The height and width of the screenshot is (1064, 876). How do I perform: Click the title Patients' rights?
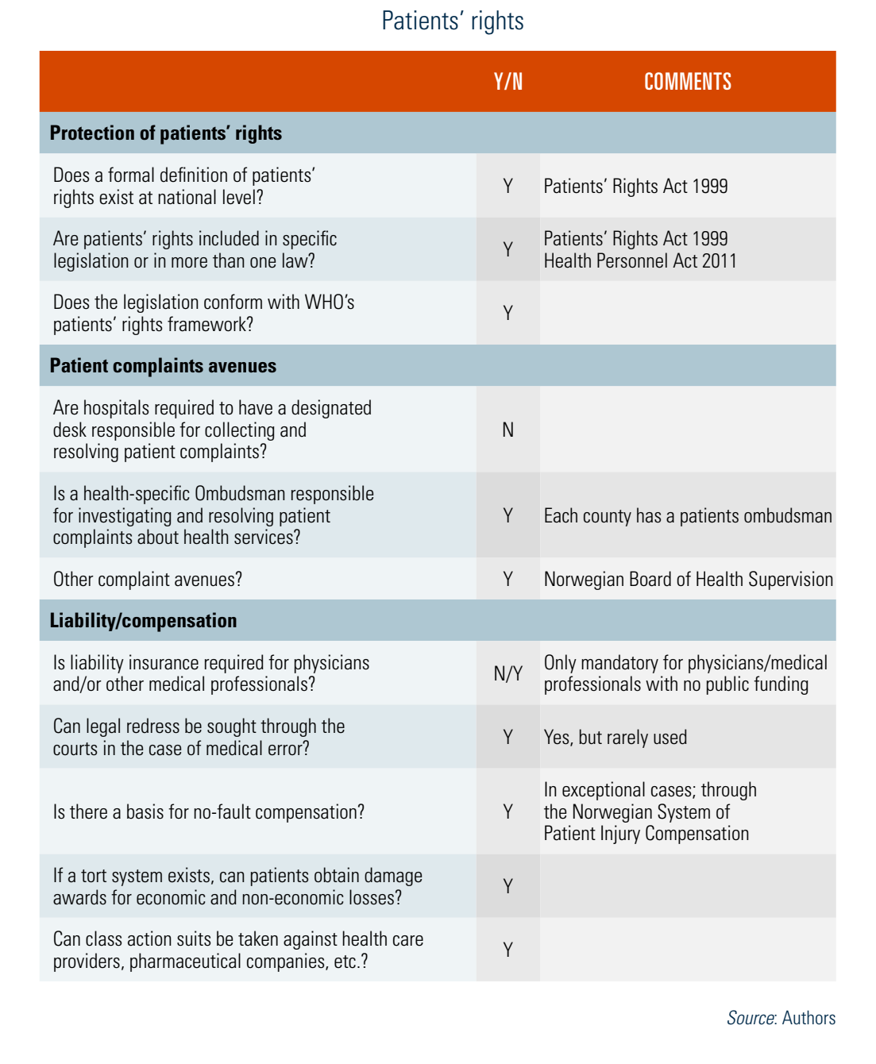click(x=452, y=21)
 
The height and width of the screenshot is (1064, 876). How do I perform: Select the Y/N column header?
click(x=508, y=82)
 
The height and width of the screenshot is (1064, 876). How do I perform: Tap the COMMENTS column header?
click(x=687, y=82)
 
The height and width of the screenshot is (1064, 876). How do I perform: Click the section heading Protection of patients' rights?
click(x=165, y=133)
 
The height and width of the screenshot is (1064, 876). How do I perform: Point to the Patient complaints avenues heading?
click(x=163, y=365)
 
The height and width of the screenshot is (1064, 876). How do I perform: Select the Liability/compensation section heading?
click(x=143, y=620)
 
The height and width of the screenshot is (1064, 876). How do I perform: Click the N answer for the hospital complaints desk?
click(x=508, y=430)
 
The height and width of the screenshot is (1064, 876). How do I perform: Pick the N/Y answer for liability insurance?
click(x=508, y=673)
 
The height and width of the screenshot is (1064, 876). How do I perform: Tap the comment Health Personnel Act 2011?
click(x=639, y=261)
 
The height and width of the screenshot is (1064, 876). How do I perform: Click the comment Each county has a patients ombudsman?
click(x=688, y=516)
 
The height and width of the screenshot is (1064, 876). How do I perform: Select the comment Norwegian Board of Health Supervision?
click(x=688, y=580)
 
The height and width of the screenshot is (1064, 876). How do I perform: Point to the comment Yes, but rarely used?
click(x=615, y=738)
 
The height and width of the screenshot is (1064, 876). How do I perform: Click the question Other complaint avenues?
click(x=148, y=580)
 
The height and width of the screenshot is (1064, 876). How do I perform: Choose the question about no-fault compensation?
click(x=209, y=812)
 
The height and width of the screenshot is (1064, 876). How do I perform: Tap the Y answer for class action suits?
click(x=508, y=950)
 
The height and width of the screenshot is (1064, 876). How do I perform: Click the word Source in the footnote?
click(x=750, y=1018)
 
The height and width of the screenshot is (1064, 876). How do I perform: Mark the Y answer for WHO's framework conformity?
click(x=508, y=313)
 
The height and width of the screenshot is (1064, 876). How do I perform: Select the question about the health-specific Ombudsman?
click(x=213, y=515)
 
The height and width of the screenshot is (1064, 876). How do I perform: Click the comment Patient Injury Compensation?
click(x=646, y=834)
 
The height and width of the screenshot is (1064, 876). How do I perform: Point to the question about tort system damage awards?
click(x=237, y=887)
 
